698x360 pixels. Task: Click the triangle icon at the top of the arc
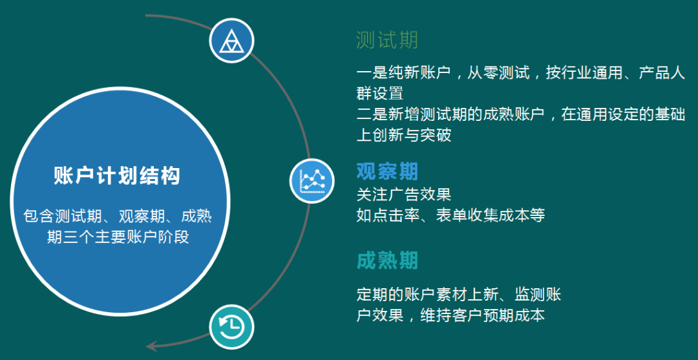[231, 41]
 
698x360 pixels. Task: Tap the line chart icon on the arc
[312, 181]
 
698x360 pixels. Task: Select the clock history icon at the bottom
[231, 327]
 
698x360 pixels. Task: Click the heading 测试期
[387, 40]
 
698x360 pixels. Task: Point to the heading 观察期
[387, 171]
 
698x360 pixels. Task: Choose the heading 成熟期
[387, 261]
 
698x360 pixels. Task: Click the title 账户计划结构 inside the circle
[116, 176]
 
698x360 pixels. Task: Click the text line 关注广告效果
[404, 195]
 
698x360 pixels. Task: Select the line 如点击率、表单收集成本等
[451, 215]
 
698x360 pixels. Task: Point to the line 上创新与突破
[404, 135]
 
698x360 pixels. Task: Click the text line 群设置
[380, 94]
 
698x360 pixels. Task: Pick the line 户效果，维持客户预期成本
[451, 315]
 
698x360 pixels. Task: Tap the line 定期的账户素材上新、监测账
[459, 295]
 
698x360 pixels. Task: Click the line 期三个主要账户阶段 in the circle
[118, 237]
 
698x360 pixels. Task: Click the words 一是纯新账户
[404, 73]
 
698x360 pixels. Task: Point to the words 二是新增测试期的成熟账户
[451, 114]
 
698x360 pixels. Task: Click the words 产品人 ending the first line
[662, 73]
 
